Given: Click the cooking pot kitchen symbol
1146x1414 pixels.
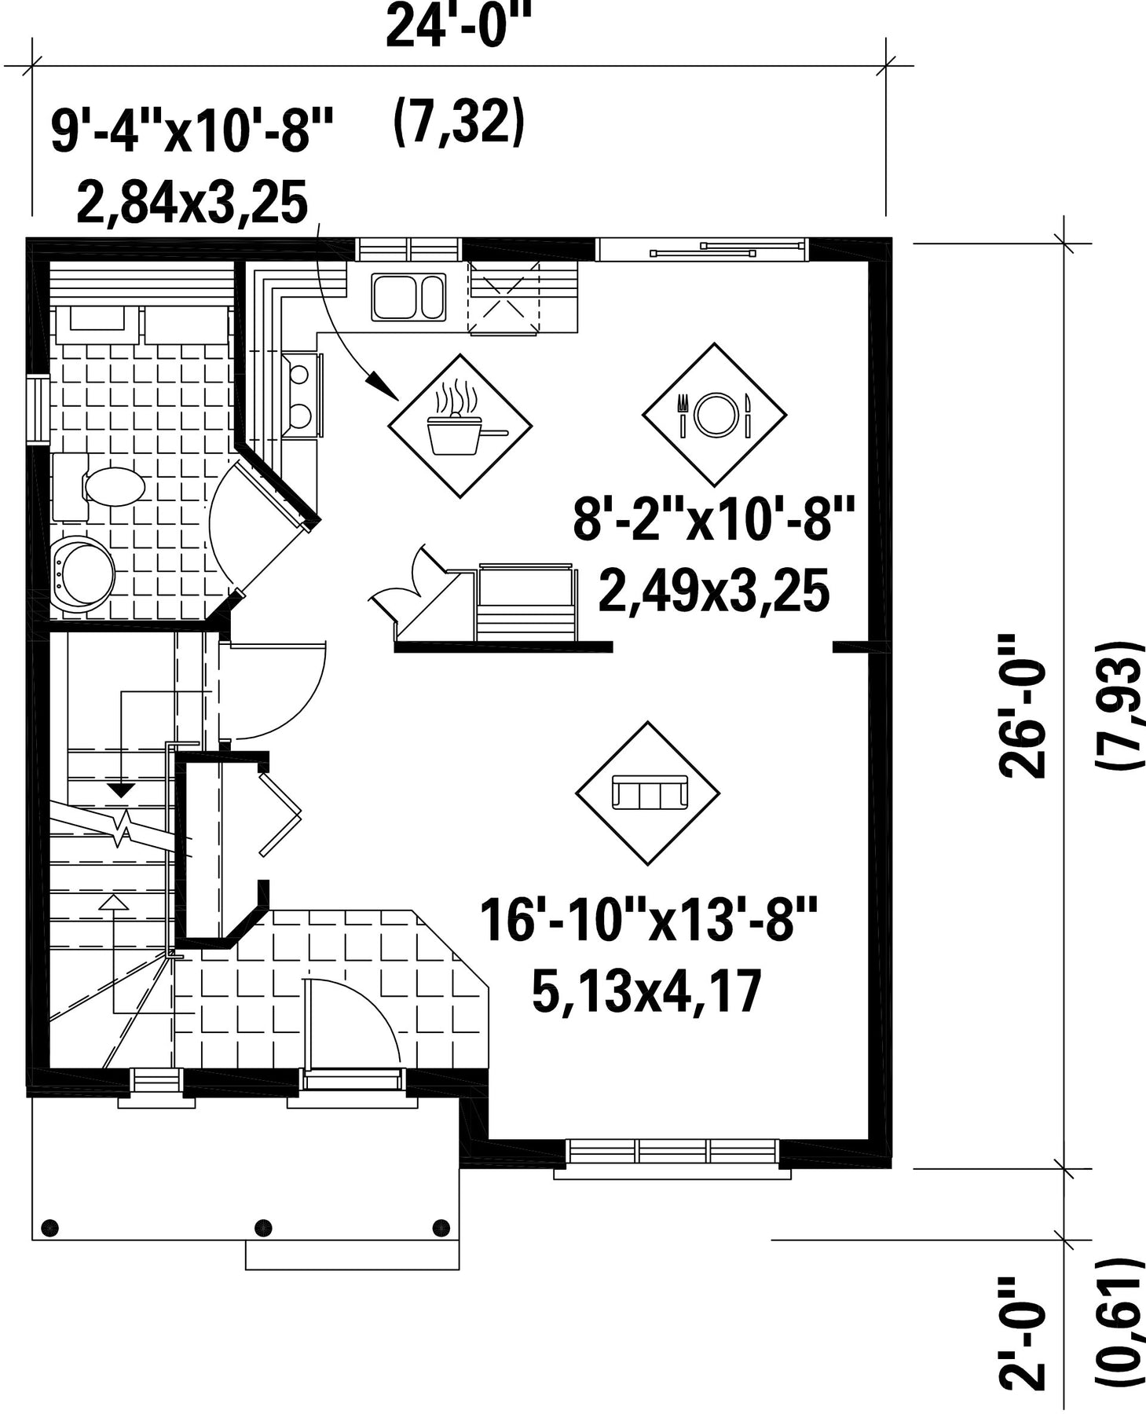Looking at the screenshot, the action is point(460,426).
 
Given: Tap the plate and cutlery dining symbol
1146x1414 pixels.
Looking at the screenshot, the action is point(715,414).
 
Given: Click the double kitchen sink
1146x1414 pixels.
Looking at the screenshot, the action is point(408,296).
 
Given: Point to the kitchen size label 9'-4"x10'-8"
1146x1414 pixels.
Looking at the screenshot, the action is point(192,131).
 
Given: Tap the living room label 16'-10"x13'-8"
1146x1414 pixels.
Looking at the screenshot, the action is point(649,921).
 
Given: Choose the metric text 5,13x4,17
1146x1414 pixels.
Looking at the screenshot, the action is point(647,991).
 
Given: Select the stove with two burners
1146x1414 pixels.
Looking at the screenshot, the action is point(301,394).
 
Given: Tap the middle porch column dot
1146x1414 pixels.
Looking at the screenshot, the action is point(264,1227).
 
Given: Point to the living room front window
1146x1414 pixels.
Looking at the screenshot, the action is point(672,1152).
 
